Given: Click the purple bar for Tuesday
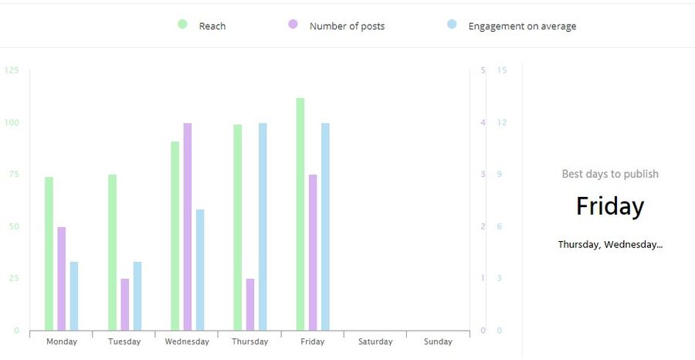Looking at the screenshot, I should coord(124,304).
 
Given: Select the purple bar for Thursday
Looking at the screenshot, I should coord(250,304).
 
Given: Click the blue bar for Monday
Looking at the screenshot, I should coord(74,296).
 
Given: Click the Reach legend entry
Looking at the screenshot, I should coord(212,26).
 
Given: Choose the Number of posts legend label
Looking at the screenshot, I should coord(347,26).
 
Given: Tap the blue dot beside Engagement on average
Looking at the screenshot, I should coord(453,25).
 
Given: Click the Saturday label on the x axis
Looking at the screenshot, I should coord(375,341).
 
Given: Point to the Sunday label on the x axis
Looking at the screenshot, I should coord(438,341).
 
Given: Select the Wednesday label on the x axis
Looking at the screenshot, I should coord(187,341).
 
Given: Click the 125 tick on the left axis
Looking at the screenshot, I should coord(12,70).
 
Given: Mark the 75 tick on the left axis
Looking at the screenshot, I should coord(13,175).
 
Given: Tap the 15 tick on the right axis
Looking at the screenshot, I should coord(502,70).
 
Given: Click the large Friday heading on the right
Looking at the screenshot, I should coord(610,206).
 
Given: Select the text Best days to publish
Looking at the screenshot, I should coord(610,174).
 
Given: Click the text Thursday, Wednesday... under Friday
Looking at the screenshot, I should coord(610,244).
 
